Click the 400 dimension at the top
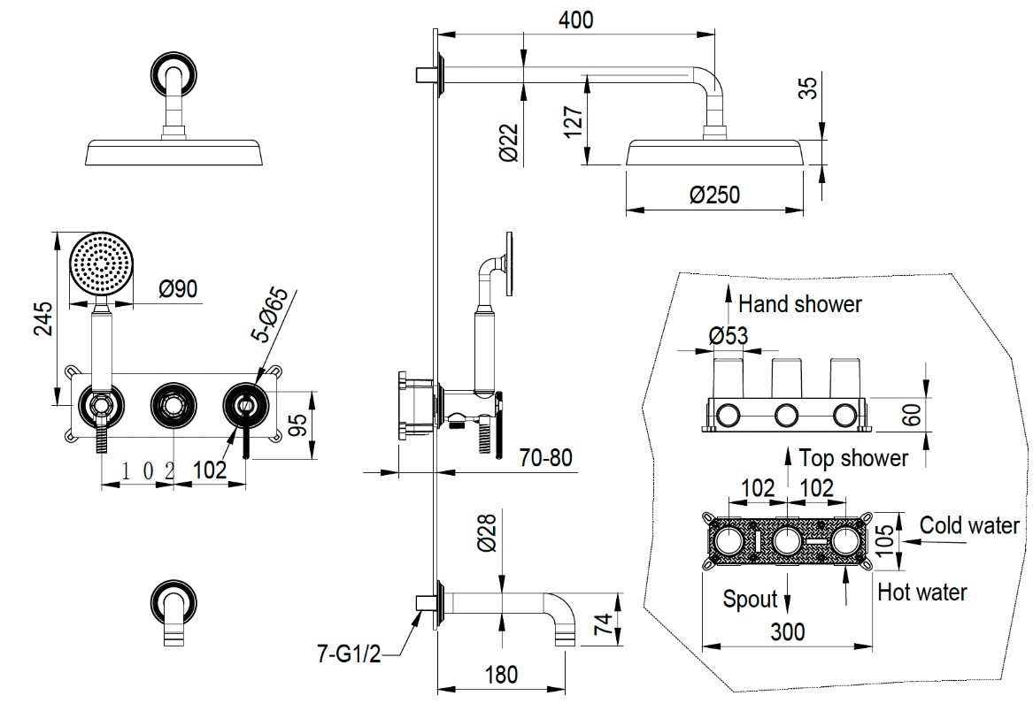click(575, 19)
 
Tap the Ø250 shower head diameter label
click(715, 195)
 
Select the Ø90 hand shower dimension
click(178, 288)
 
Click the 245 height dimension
click(44, 318)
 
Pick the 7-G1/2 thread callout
click(349, 654)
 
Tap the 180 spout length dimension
click(501, 675)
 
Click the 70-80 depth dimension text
click(545, 457)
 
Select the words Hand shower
click(800, 304)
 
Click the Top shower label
click(853, 457)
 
